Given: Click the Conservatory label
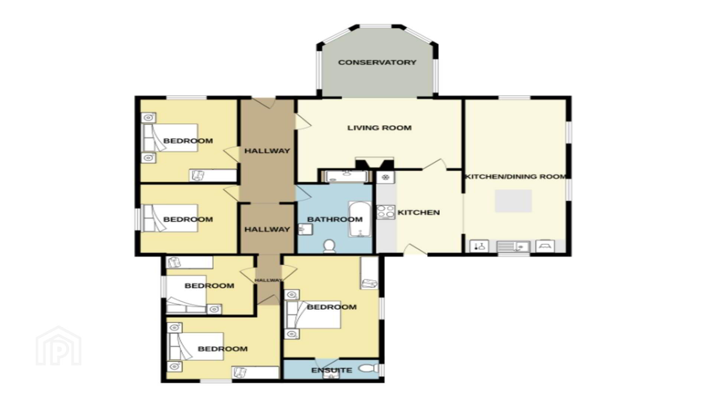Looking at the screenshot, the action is (x=377, y=62).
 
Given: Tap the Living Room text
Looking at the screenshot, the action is (x=379, y=128).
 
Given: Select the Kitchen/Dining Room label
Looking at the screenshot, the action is (x=516, y=176).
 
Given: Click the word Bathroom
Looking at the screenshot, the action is (x=335, y=219).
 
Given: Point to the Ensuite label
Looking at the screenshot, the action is (x=332, y=370).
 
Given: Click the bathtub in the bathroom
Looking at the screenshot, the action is (x=359, y=219).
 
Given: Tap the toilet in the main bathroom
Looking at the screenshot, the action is (x=329, y=246).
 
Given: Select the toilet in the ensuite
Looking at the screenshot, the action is (x=368, y=369).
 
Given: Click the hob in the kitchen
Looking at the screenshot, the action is (x=385, y=212).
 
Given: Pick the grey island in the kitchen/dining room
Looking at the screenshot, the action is (x=513, y=201).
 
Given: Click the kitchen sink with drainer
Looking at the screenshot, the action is (x=513, y=247).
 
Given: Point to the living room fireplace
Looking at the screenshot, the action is (x=374, y=163).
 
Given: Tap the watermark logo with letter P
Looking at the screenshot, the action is (x=58, y=346).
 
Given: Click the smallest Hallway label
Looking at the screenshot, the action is (x=268, y=280).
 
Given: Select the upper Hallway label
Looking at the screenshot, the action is (x=267, y=151).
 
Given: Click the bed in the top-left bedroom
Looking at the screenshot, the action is (x=170, y=138).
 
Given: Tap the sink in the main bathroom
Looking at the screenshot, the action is (x=305, y=229).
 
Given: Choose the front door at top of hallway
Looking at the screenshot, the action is (x=264, y=102).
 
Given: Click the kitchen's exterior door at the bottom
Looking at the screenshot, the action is (x=415, y=250).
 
